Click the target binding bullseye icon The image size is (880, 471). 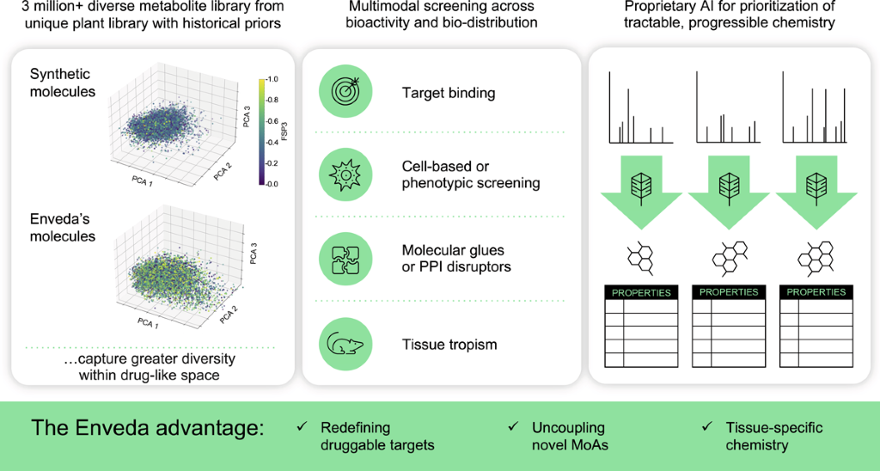(x=345, y=92)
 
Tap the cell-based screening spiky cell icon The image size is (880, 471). (x=345, y=174)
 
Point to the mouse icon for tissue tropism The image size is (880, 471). (x=345, y=345)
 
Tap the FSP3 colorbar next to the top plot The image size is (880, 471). (x=260, y=131)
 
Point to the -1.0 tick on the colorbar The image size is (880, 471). (x=272, y=79)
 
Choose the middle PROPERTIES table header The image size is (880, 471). (x=728, y=292)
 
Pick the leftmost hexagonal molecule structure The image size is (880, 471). (x=639, y=255)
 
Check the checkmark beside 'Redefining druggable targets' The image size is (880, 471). (x=301, y=426)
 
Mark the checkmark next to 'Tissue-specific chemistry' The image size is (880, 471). (x=706, y=426)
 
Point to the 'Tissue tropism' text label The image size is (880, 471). (x=449, y=345)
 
